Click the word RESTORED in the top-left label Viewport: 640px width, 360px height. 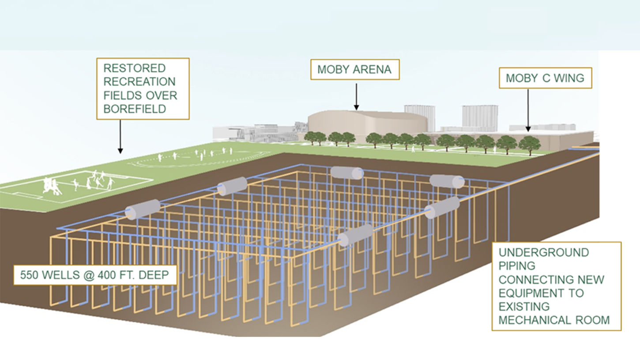[128, 68]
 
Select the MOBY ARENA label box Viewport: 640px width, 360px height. [354, 70]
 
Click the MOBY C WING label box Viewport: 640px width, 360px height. [545, 78]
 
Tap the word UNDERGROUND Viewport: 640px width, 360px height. [544, 253]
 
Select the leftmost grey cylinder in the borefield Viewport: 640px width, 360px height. [142, 209]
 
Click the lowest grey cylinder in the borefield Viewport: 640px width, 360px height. [355, 235]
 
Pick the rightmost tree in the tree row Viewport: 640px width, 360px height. [529, 144]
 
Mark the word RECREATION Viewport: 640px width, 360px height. [139, 82]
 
